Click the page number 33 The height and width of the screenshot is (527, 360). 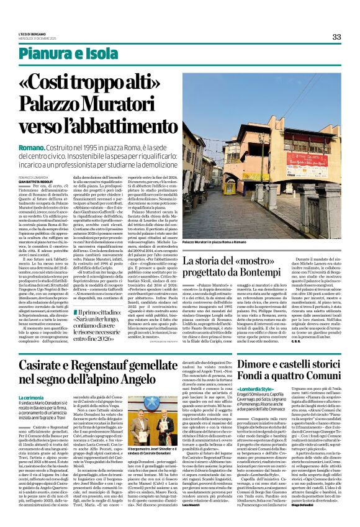click(337, 37)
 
